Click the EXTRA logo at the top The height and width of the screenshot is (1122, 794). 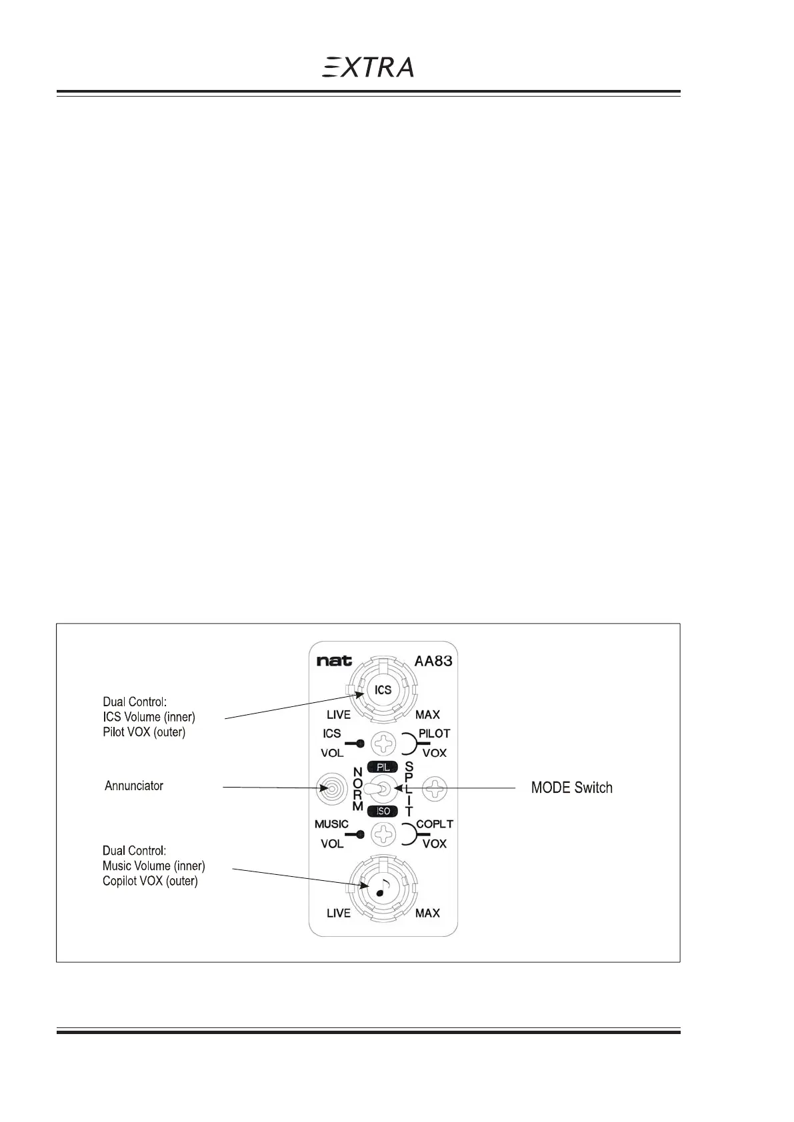pos(368,67)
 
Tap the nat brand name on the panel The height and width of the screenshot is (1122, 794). pos(334,662)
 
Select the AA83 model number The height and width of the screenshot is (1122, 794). pos(433,662)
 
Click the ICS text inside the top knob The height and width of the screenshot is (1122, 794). pos(383,690)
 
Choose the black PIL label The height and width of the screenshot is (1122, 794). pos(383,768)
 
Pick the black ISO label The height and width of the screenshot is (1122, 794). pos(383,811)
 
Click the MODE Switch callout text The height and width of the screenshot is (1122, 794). pos(571,788)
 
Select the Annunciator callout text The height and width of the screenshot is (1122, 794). pos(134,786)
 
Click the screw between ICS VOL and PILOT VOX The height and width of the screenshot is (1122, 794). pos(383,743)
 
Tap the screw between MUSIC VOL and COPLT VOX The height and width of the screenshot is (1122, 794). pos(383,834)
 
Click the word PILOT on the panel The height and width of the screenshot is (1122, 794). pos(434,734)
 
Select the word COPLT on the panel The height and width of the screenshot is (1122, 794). pos(435,824)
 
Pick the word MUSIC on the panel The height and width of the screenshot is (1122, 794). pos(331,824)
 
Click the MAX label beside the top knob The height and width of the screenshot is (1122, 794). pos(427,715)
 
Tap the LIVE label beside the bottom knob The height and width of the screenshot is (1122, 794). pos(339,913)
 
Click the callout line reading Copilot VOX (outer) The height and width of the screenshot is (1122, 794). pos(150,881)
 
